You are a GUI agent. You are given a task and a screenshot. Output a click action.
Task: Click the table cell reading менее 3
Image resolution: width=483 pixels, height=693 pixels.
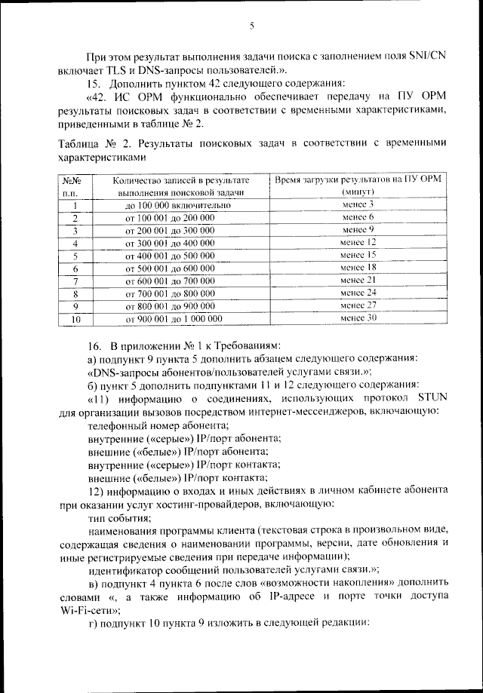358,205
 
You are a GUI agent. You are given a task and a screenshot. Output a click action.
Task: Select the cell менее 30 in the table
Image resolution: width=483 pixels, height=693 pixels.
358,318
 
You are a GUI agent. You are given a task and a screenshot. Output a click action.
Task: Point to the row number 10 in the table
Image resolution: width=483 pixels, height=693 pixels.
75,319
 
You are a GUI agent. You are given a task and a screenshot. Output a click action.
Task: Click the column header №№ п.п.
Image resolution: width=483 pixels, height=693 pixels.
75,186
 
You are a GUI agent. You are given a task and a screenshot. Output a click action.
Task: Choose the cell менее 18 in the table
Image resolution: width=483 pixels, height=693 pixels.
358,268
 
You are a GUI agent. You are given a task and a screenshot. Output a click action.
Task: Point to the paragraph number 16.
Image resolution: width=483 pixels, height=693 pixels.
94,344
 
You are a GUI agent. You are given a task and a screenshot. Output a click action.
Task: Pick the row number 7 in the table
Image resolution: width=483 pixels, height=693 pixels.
75,281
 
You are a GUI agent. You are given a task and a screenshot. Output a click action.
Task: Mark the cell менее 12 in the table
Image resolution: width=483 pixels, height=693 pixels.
358,243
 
